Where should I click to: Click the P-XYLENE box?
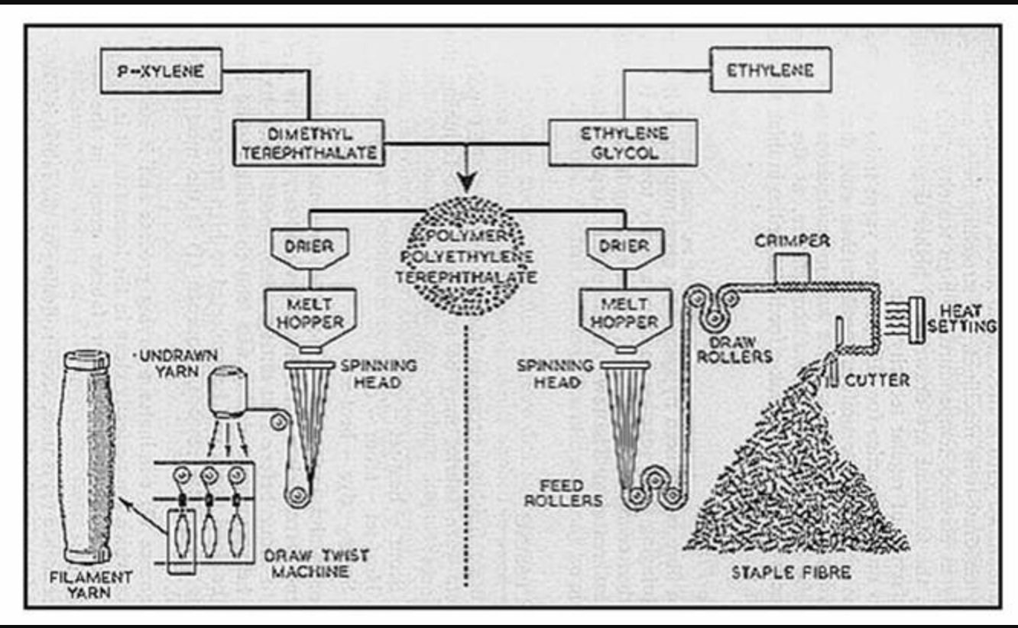tap(161, 70)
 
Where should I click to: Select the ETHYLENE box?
tap(771, 70)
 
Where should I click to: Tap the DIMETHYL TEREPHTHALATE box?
tap(309, 143)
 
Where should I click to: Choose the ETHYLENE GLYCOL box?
tap(623, 143)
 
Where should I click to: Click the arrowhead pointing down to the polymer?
tap(467, 182)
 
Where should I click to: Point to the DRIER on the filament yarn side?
tap(310, 248)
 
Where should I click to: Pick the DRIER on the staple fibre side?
tap(625, 248)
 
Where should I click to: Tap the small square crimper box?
tap(793, 268)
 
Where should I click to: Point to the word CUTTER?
tap(877, 380)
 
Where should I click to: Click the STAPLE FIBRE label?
tap(791, 572)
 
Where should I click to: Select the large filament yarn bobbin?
tap(86, 457)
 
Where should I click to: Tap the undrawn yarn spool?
tap(228, 392)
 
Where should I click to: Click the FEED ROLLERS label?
tap(563, 493)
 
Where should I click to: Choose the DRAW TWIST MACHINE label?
tap(316, 563)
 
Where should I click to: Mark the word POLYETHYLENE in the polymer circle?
tap(467, 257)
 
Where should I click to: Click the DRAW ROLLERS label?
tap(735, 349)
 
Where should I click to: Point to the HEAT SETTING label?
tap(962, 319)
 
